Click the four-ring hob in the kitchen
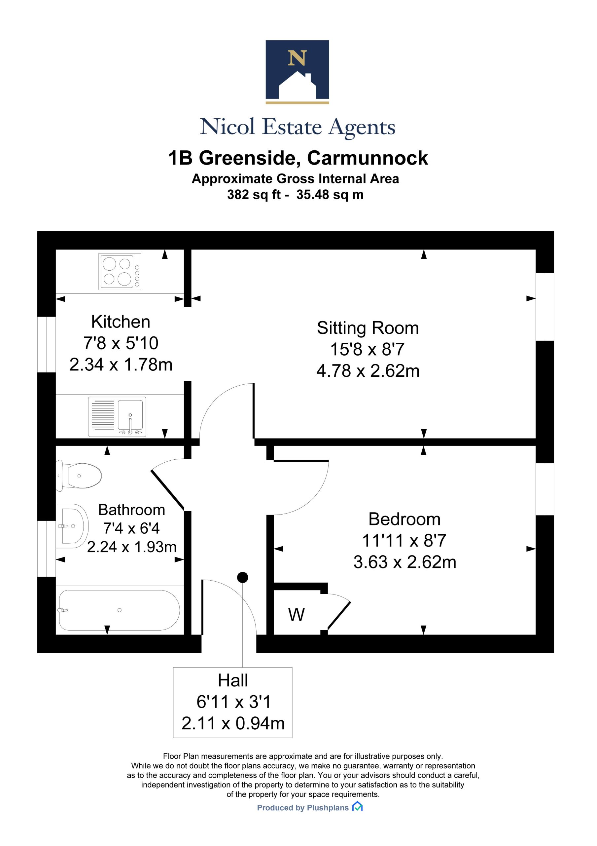pyautogui.click(x=120, y=271)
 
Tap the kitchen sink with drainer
pyautogui.click(x=117, y=417)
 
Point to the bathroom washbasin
pyautogui.click(x=72, y=526)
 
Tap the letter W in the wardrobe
pyautogui.click(x=296, y=615)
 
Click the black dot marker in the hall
pyautogui.click(x=243, y=577)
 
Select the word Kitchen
pyautogui.click(x=121, y=322)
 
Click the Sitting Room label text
pyautogui.click(x=368, y=328)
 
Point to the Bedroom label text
pyautogui.click(x=404, y=519)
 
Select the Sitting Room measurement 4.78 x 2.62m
pyautogui.click(x=368, y=371)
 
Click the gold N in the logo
pyautogui.click(x=297, y=58)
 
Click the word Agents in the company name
pyautogui.click(x=362, y=128)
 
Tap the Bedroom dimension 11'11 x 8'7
pyautogui.click(x=404, y=541)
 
